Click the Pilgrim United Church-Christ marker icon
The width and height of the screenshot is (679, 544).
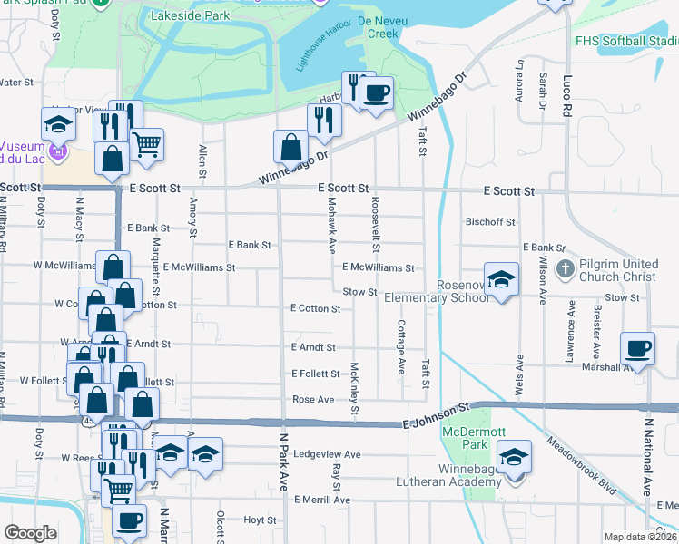coord(564,268)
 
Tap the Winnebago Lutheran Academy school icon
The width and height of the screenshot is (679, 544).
coord(514,456)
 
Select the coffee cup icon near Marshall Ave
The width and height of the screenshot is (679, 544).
coord(637,349)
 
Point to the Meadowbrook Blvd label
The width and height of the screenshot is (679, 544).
coord(582,470)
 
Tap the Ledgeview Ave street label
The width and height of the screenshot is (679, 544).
coord(328,454)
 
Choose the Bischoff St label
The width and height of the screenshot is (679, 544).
coord(489,221)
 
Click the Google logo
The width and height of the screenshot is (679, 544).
coord(30,533)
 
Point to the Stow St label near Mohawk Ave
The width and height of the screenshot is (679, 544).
coord(359,291)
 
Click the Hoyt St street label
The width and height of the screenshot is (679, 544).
coord(260,520)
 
